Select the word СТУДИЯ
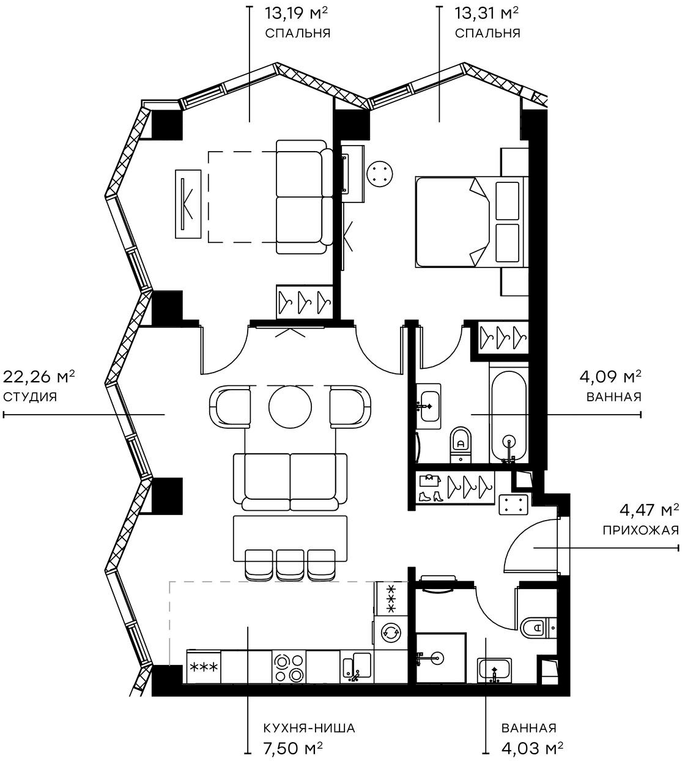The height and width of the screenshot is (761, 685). coord(30,397)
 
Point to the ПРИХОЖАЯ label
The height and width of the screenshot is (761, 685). coord(640,530)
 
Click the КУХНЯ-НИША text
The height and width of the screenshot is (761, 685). coord(309,728)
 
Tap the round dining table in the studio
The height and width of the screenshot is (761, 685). coord(290,406)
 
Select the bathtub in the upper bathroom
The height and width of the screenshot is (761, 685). coord(508,413)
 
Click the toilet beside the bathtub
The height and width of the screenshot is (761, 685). coord(461,441)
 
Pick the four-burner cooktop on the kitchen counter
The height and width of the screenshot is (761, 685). coord(289,667)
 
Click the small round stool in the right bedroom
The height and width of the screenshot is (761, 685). coord(380,172)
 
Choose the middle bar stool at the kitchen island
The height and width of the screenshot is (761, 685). coord(290,564)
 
